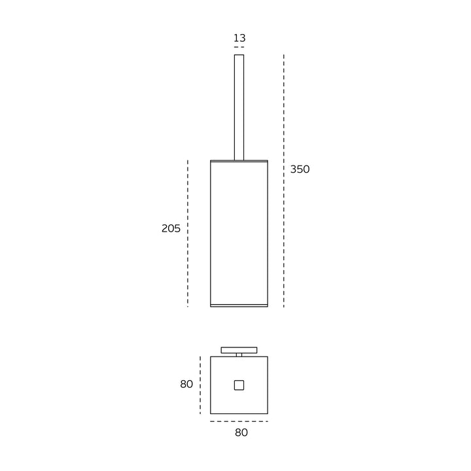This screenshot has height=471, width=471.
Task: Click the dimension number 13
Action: (239, 38)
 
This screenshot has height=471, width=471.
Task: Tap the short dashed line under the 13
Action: (239, 47)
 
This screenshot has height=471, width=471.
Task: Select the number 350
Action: (300, 169)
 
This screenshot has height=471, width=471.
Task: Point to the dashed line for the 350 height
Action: (283, 181)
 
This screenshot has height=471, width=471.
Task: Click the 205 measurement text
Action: (171, 228)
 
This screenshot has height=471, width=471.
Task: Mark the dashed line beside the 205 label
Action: (188, 234)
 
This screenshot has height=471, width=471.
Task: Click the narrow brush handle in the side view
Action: (239, 107)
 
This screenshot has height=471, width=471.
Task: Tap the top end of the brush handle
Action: (239, 55)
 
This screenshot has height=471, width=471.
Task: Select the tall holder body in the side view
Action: (239, 234)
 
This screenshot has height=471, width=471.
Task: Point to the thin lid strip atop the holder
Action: (239, 161)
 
